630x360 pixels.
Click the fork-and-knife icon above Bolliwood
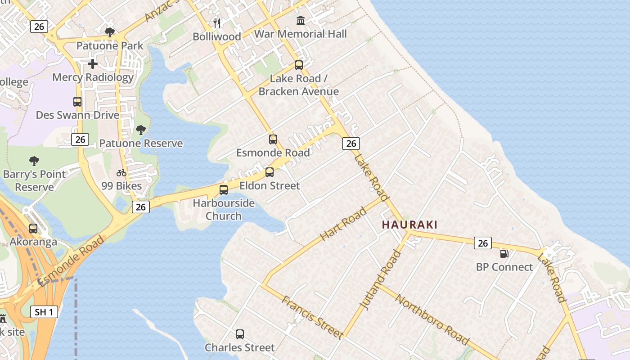pyautogui.click(x=217, y=23)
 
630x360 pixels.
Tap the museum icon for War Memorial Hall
pyautogui.click(x=301, y=20)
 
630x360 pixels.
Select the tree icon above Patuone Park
pyautogui.click(x=109, y=32)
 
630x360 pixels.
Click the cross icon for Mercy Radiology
pyautogui.click(x=93, y=64)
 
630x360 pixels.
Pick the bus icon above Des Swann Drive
pyautogui.click(x=77, y=102)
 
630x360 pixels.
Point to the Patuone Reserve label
pyautogui.click(x=141, y=144)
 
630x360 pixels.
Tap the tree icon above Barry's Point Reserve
pyautogui.click(x=34, y=161)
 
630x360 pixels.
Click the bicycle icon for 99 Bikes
pyautogui.click(x=121, y=173)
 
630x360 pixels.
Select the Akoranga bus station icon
pyautogui.click(x=33, y=229)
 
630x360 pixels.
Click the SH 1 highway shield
pyautogui.click(x=44, y=312)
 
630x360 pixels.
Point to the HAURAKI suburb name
pyautogui.click(x=409, y=225)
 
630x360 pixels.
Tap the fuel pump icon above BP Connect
pyautogui.click(x=504, y=254)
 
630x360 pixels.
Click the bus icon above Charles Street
pyautogui.click(x=240, y=334)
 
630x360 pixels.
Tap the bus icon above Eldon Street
pyautogui.click(x=270, y=172)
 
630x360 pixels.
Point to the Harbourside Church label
pyautogui.click(x=224, y=209)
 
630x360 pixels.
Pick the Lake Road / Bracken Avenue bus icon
pyautogui.click(x=299, y=65)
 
